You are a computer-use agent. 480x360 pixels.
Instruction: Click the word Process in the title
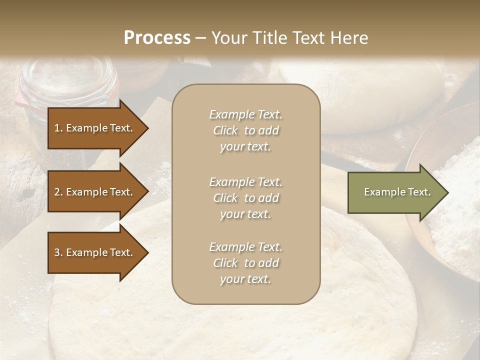(x=157, y=38)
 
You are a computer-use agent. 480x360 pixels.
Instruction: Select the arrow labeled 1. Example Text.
(x=95, y=128)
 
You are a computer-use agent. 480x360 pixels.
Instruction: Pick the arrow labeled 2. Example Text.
(x=95, y=192)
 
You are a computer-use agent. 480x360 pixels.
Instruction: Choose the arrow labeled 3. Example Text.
(x=95, y=252)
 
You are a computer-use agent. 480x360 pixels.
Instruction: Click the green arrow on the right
(x=395, y=192)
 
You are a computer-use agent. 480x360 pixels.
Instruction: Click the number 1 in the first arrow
(x=57, y=128)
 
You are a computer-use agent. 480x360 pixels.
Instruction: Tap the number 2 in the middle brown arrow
(x=57, y=192)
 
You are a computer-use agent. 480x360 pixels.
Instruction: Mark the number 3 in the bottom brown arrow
(x=57, y=252)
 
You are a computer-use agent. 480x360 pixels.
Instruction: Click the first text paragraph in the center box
(x=245, y=130)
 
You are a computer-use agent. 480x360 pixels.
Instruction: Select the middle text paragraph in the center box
(x=245, y=198)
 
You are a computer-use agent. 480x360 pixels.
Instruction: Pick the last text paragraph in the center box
(x=245, y=263)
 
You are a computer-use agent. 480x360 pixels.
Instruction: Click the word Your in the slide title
(x=229, y=38)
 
